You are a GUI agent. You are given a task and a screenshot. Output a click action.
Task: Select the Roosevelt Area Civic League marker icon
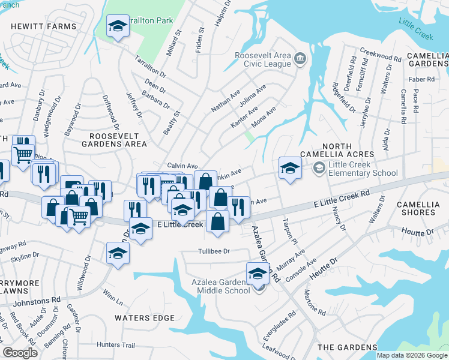point(300,59)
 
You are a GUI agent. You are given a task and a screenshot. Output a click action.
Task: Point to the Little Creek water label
point(416,28)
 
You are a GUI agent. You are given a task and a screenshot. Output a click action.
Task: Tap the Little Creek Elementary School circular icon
point(319,169)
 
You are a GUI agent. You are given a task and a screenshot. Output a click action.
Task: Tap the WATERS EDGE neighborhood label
point(145,318)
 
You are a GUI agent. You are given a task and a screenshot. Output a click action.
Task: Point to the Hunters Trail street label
point(116,345)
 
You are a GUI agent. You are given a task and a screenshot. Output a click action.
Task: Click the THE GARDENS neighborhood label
point(347,347)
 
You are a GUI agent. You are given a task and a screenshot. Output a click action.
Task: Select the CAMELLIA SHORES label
point(423,209)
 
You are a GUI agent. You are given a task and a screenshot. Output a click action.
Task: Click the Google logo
point(20,353)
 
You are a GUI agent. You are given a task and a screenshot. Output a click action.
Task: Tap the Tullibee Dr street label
point(214,251)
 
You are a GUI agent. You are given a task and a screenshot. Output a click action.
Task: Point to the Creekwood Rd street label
point(381,56)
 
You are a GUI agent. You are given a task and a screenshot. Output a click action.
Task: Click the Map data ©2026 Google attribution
point(412,355)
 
